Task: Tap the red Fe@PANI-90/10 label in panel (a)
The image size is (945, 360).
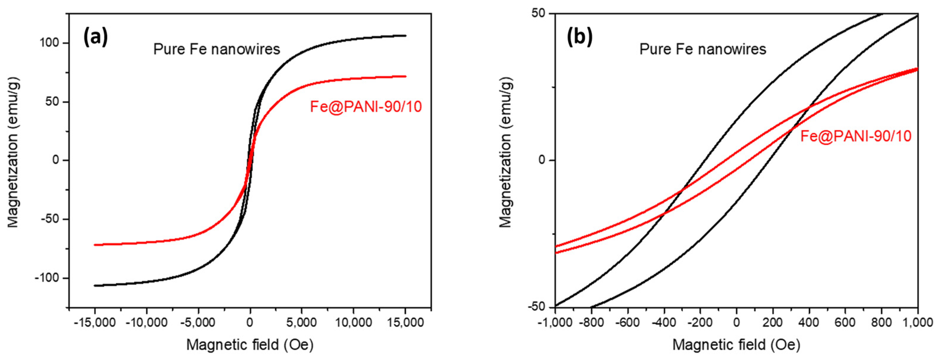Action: (x=366, y=107)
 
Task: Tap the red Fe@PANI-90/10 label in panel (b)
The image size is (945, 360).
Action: (x=855, y=136)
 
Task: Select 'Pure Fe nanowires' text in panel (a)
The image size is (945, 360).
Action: (x=217, y=49)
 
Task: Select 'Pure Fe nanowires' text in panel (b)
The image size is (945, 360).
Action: (x=702, y=49)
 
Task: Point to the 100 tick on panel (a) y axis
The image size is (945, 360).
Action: (x=49, y=43)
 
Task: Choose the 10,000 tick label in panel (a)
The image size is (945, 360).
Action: (x=353, y=323)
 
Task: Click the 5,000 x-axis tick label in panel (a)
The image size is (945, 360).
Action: (x=301, y=323)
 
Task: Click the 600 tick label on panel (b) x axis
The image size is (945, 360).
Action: (x=845, y=323)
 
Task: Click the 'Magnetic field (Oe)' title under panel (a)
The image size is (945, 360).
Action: (x=250, y=345)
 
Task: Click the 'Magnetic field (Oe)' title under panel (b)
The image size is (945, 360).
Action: (x=736, y=345)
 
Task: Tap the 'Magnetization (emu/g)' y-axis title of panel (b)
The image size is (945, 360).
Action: (x=506, y=152)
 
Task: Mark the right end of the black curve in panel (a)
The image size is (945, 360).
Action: (x=405, y=36)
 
